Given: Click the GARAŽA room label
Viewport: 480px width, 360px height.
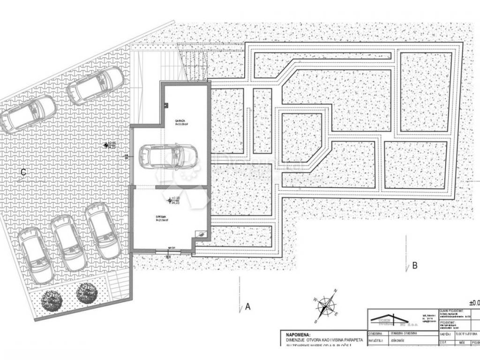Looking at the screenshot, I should click(x=180, y=121).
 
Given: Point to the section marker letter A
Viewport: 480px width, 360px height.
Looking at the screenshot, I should click(x=248, y=307).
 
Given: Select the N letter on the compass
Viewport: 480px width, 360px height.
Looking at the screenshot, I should click(x=336, y=292).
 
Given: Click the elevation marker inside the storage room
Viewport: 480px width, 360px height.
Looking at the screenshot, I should click(x=171, y=200).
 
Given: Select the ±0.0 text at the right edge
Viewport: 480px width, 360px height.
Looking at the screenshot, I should click(x=473, y=303).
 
